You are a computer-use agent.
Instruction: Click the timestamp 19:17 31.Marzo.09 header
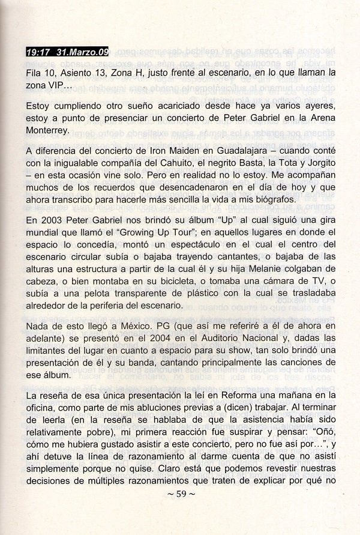point(67,52)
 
